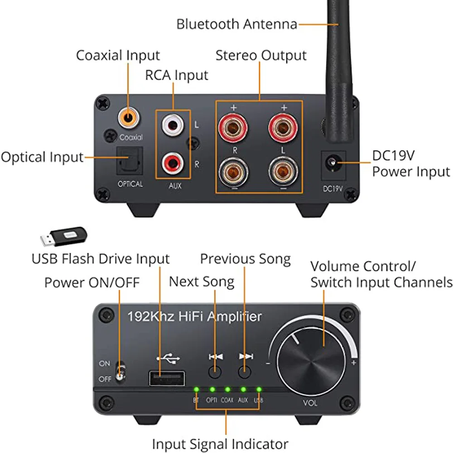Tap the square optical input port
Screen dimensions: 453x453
[x=130, y=160]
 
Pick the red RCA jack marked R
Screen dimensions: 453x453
[x=172, y=162]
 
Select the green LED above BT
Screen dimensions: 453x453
[x=196, y=389]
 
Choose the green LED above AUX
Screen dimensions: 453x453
[x=243, y=389]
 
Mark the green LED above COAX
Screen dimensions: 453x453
[x=227, y=389]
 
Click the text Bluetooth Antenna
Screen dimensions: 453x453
[x=236, y=24]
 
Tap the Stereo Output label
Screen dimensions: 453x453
[x=261, y=56]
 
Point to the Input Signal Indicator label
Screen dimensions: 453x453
[x=220, y=444]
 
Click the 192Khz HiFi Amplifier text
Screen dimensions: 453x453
[x=194, y=316]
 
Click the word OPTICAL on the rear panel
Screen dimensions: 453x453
[x=130, y=184]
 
